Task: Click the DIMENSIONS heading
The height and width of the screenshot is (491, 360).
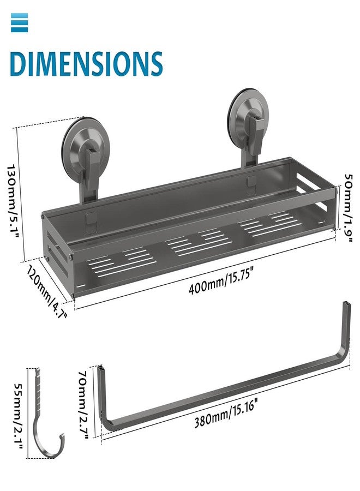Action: pos(86,64)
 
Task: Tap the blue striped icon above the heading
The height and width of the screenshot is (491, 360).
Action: pos(20,22)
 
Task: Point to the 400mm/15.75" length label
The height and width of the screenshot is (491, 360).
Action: pos(220,283)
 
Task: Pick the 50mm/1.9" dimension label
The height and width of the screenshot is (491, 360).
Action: pos(348,208)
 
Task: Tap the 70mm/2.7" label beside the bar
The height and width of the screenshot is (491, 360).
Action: pos(84,404)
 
